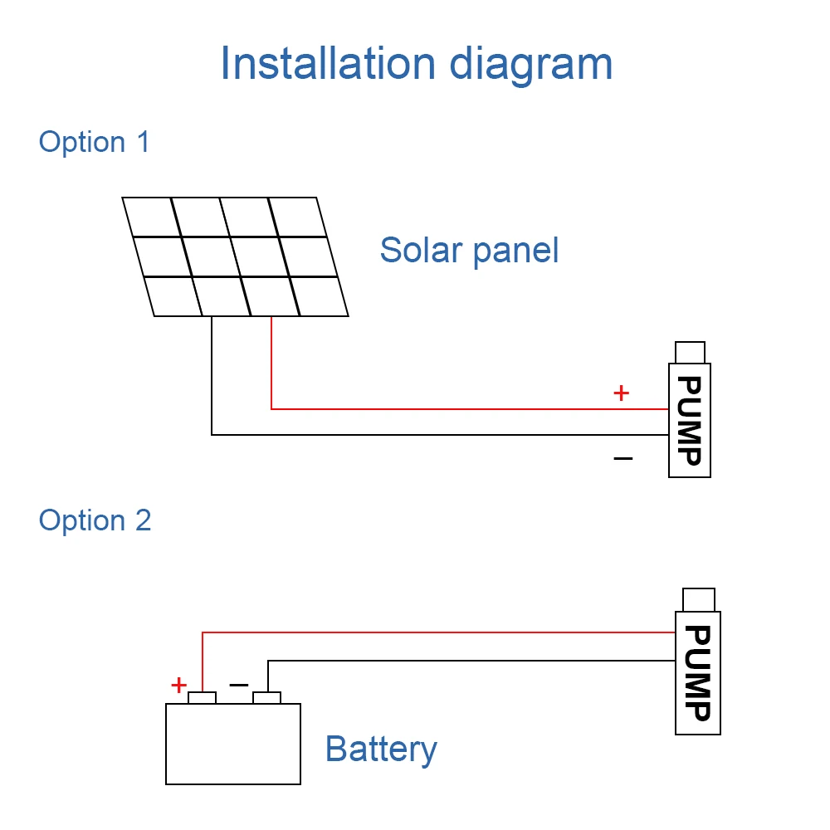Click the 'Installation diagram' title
tap(416, 65)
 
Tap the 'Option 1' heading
tap(95, 143)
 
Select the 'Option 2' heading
tap(95, 520)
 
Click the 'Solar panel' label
tap(469, 251)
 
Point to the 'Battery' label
tap(381, 749)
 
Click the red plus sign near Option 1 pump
tap(622, 393)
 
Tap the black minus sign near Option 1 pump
tap(623, 458)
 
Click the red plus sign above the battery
tap(179, 685)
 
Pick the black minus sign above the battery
tap(239, 685)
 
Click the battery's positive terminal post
tap(203, 698)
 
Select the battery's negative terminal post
tap(266, 698)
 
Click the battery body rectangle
tap(233, 744)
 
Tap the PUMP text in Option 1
tap(690, 421)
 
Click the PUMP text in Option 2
tap(698, 673)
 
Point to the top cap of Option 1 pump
tap(691, 353)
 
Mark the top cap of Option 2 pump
tap(699, 600)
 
